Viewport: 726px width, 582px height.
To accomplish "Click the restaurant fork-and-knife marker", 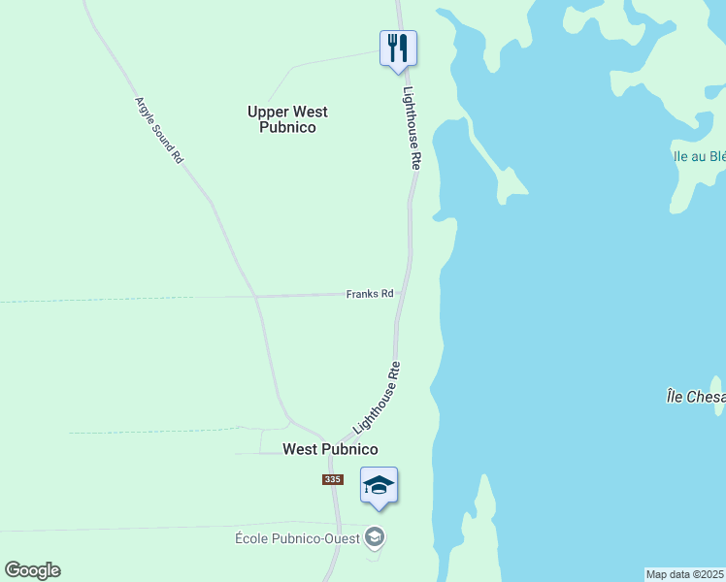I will [x=398, y=48].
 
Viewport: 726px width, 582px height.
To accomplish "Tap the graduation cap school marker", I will [x=379, y=484].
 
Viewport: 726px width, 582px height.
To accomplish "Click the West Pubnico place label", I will [x=329, y=449].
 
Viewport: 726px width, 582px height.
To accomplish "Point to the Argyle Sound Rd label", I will [x=158, y=129].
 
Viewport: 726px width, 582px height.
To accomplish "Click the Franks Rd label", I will [x=369, y=294].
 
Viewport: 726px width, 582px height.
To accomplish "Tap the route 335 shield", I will [x=333, y=480].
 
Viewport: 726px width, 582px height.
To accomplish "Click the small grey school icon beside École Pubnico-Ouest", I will [x=376, y=536].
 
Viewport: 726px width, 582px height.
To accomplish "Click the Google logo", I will [x=32, y=570].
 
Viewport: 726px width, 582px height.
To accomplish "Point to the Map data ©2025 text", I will [x=685, y=574].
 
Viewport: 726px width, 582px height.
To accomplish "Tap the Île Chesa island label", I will [x=695, y=397].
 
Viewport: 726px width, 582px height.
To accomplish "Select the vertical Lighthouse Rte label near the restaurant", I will [x=412, y=128].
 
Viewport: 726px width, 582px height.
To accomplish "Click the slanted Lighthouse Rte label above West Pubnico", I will [x=378, y=398].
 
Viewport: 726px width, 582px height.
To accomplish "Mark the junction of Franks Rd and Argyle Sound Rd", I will [x=253, y=296].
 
